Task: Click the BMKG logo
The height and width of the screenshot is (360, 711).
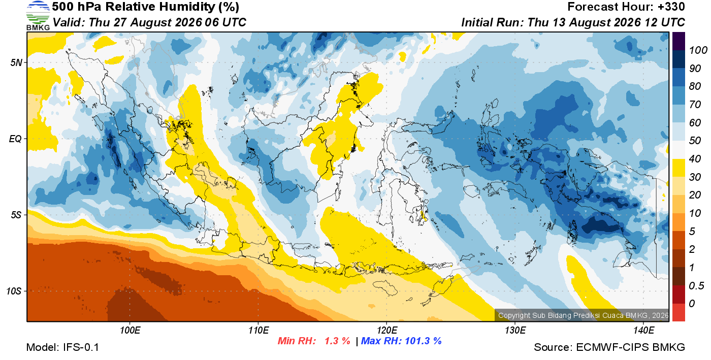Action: coord(38,15)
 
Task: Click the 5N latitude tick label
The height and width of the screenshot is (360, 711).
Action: coord(16,62)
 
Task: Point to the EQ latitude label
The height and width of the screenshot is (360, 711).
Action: coord(15,139)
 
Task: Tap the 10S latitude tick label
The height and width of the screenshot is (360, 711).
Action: coord(14,291)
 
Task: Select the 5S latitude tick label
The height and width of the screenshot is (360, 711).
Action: coord(16,215)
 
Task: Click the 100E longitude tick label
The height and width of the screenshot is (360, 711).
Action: coord(130,331)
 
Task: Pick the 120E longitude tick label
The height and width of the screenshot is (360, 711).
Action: coord(387,331)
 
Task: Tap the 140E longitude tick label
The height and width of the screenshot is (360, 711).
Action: coord(643,331)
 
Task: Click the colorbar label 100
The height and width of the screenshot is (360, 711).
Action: coord(698,50)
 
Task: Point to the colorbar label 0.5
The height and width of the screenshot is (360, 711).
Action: coord(696,286)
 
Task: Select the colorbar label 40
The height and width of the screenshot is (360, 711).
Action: coord(695,159)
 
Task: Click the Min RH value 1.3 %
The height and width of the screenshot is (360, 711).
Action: coord(337,341)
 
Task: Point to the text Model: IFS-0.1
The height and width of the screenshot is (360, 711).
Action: coord(62,347)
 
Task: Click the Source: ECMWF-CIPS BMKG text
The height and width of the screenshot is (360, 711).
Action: coord(609,347)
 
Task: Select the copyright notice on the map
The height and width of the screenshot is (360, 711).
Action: coord(583,315)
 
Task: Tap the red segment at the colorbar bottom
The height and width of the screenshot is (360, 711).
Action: coord(678,312)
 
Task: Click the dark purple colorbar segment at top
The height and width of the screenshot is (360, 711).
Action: coord(678,41)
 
